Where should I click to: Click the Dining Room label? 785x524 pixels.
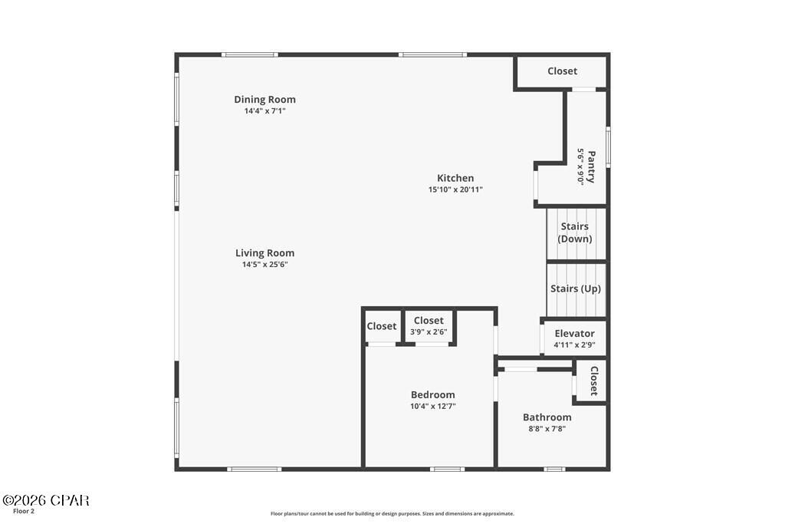264,99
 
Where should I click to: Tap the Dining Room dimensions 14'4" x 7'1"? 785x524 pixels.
264,111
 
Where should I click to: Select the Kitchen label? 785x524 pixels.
455,178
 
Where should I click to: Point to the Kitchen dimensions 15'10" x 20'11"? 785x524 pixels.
455,189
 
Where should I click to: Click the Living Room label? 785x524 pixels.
264,253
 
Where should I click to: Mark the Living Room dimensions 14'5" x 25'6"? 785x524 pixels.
264,265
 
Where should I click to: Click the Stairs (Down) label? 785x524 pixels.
575,232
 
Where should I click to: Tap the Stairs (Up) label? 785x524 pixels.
575,289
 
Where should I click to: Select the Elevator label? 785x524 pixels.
574,334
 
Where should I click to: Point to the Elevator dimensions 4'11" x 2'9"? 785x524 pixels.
574,345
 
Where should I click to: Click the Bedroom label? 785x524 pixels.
432,395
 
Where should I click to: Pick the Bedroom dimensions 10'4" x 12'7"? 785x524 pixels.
432,407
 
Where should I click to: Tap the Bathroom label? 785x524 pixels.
547,417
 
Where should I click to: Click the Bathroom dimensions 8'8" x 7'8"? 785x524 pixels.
547,429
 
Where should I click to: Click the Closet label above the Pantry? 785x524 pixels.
562,71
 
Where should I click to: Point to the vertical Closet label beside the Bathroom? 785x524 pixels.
593,380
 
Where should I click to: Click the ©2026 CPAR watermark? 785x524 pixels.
45,500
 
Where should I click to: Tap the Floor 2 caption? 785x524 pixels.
24,511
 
